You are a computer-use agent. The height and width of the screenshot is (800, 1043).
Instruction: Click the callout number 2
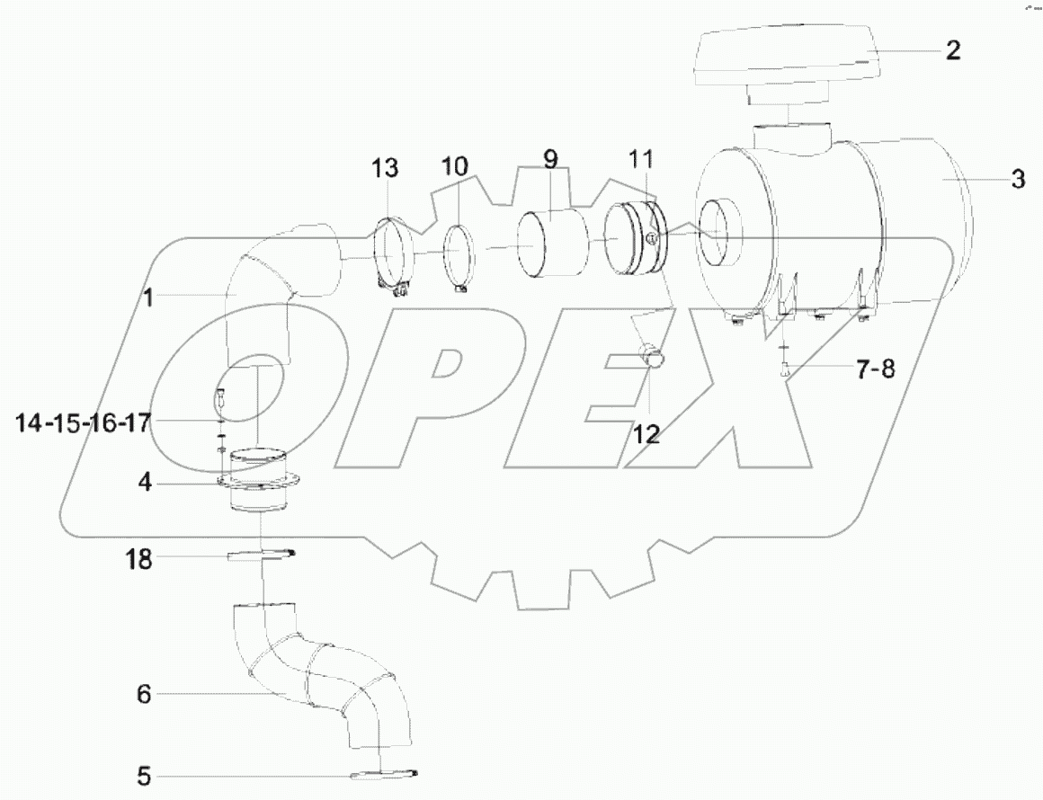pyautogui.click(x=952, y=50)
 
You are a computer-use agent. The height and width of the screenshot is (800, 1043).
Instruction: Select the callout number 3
pyautogui.click(x=1017, y=179)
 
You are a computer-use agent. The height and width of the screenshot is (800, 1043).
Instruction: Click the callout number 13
pyautogui.click(x=384, y=167)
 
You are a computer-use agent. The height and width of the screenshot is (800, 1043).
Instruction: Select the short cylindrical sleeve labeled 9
pyautogui.click(x=548, y=243)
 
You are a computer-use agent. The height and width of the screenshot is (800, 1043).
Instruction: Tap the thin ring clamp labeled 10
pyautogui.click(x=459, y=254)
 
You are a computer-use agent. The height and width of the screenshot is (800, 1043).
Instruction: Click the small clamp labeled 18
pyautogui.click(x=261, y=557)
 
